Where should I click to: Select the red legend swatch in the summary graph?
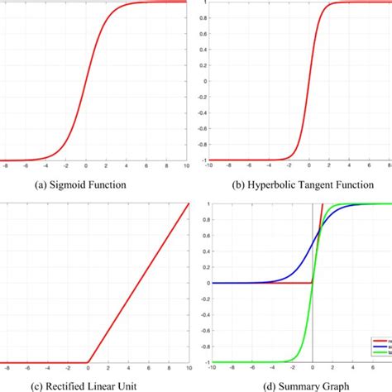[377, 339]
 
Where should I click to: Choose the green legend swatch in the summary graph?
[377, 352]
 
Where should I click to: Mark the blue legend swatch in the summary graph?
[377, 346]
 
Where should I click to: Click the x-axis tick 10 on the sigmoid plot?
[187, 166]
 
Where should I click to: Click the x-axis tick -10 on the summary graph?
[213, 370]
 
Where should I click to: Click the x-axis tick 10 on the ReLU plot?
[187, 370]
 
